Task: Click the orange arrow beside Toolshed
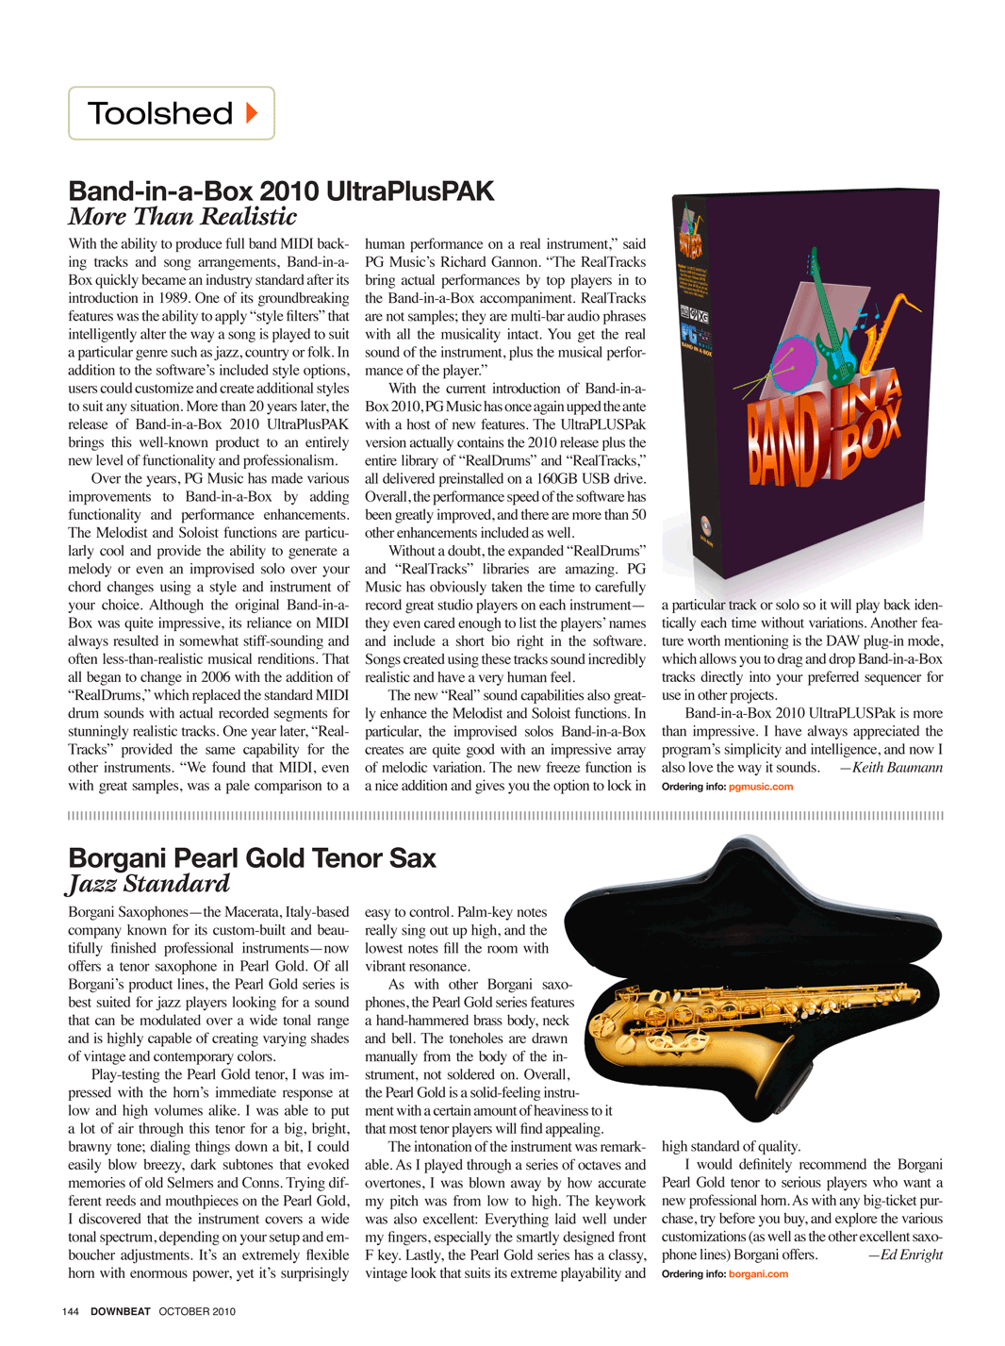(252, 113)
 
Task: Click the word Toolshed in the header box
(160, 114)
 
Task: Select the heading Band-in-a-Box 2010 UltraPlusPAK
(281, 191)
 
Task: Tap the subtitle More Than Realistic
(182, 217)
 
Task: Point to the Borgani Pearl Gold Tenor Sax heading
(252, 858)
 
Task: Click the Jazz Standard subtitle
(149, 884)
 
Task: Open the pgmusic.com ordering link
(761, 787)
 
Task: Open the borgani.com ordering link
(758, 1274)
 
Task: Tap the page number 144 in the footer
(71, 1311)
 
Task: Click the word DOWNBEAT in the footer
(121, 1311)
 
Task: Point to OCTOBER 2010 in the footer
(197, 1311)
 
